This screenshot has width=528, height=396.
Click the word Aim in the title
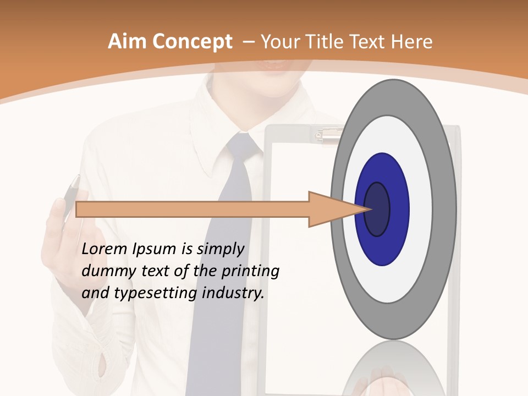[x=127, y=42]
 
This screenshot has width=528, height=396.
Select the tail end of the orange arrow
[x=80, y=209]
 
